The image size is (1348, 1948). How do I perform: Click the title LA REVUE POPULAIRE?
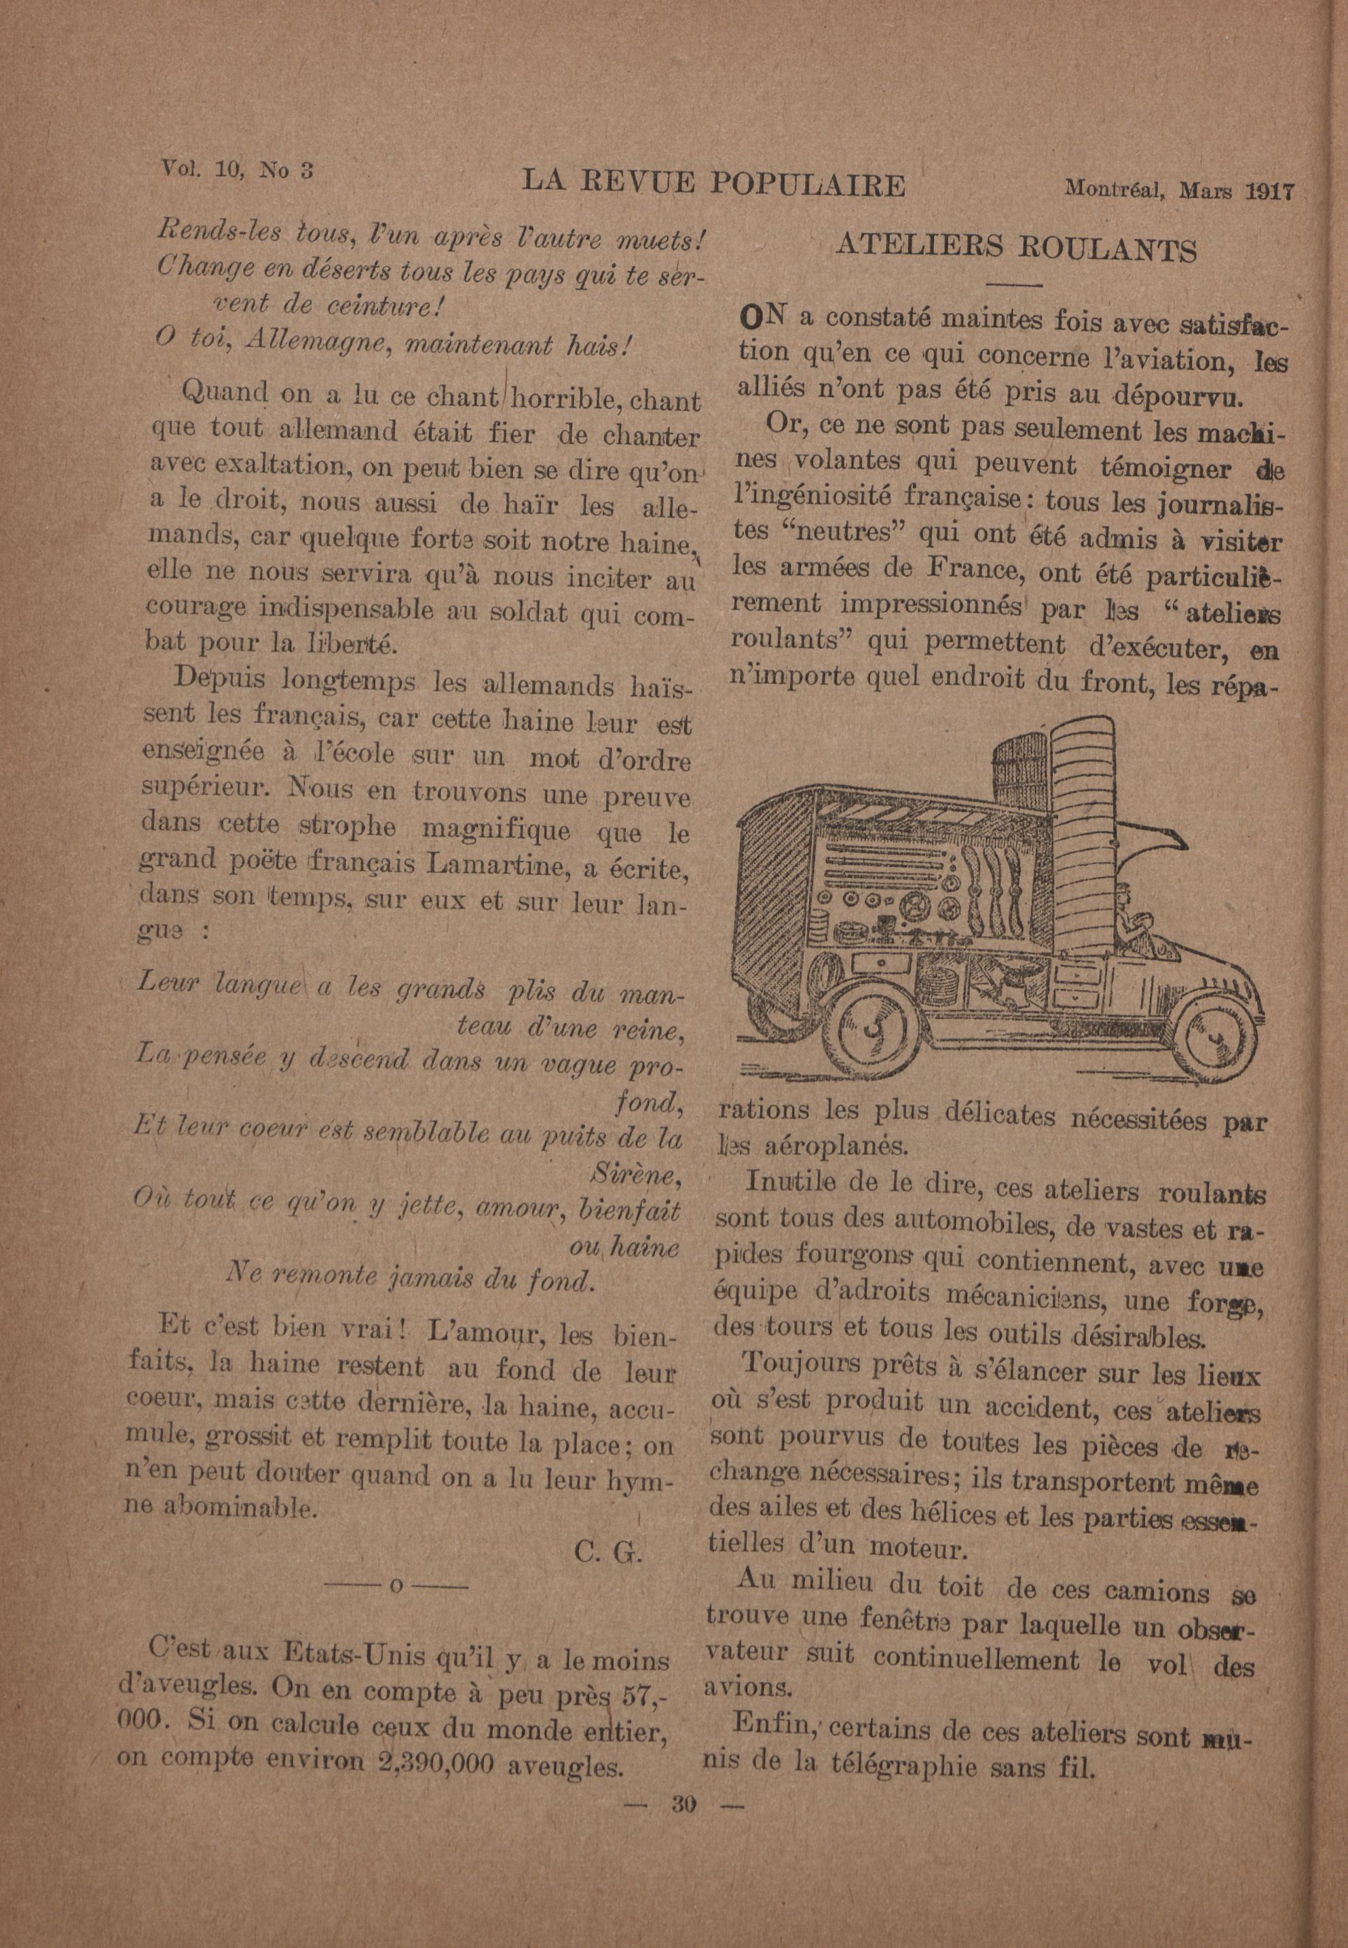click(713, 183)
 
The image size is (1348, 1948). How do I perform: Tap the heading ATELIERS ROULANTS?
click(1015, 249)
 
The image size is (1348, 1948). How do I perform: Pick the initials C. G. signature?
click(608, 1551)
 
